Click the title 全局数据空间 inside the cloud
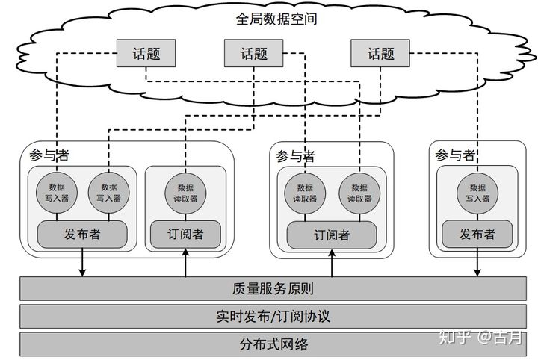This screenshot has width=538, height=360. coord(276,19)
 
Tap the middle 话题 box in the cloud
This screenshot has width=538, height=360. coord(254,54)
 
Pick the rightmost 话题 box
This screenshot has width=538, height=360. coord(381,54)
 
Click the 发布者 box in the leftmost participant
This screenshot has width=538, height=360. coord(82,235)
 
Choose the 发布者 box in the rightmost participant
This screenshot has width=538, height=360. coord(477,235)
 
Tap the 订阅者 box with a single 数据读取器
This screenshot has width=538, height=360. coord(185,235)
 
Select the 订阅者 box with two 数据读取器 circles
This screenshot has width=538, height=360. coord(331,235)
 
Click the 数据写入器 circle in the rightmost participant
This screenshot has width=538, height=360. coord(477,193)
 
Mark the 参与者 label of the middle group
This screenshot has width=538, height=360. coord(295,156)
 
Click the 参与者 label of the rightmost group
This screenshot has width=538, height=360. coord(455,155)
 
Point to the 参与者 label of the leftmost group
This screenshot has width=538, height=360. coord(49,155)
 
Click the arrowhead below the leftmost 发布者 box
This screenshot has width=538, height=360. coord(82,272)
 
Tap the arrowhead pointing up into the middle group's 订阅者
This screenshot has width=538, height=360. coord(331,255)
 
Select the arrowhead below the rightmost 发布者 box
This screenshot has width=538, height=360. coord(477,272)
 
